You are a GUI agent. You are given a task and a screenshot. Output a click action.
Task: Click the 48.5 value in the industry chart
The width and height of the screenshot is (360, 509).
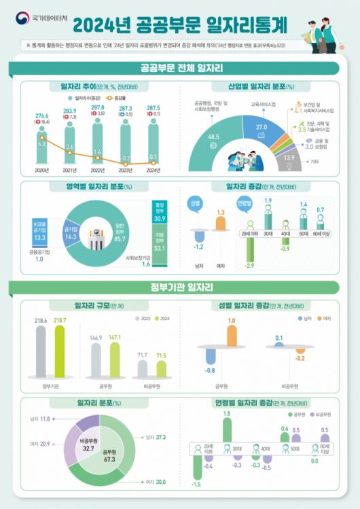tap(213, 137)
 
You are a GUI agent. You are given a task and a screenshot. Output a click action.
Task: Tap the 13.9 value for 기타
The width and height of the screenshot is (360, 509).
tap(289, 157)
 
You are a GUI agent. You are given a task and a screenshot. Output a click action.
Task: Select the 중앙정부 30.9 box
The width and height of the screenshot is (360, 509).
tap(161, 212)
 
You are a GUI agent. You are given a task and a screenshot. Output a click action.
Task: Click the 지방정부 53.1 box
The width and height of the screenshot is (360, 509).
tap(161, 244)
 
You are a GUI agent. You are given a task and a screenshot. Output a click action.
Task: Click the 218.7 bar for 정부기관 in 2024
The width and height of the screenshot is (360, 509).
tap(59, 351)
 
